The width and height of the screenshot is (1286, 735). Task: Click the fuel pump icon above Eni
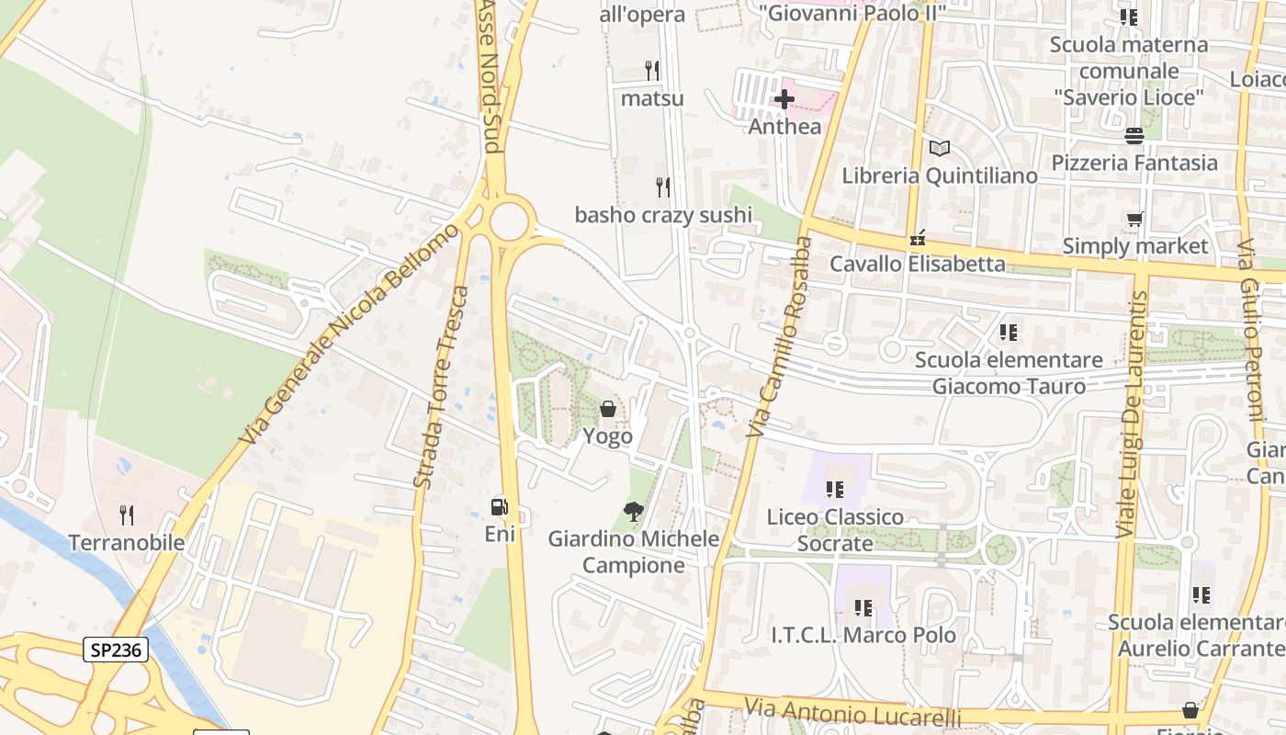coord(500,506)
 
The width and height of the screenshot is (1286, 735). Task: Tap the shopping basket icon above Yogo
coord(607,409)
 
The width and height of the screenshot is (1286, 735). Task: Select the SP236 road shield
coord(116,650)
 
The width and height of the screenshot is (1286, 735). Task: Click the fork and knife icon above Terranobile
coord(127,514)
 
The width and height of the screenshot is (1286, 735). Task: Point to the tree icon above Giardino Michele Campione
coord(633,512)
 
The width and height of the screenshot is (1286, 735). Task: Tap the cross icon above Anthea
coord(784,98)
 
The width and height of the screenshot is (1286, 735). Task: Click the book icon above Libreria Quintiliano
coord(939,148)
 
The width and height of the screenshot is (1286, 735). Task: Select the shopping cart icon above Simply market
coord(1135,220)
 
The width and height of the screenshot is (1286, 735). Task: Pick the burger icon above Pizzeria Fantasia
coord(1134,135)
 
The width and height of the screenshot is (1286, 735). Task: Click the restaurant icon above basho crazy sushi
coord(662,187)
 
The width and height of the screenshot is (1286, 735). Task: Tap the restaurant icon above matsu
coord(652,70)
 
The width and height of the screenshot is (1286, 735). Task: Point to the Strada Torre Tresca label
coord(441,387)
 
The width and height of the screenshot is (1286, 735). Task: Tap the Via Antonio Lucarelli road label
coord(852,712)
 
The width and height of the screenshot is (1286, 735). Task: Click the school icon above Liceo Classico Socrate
coord(834,490)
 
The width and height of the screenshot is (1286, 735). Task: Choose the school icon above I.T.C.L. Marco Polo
coord(862,607)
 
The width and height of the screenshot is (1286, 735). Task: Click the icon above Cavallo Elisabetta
coord(917,238)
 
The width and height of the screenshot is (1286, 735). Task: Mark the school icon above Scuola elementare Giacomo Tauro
coord(1009,333)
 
